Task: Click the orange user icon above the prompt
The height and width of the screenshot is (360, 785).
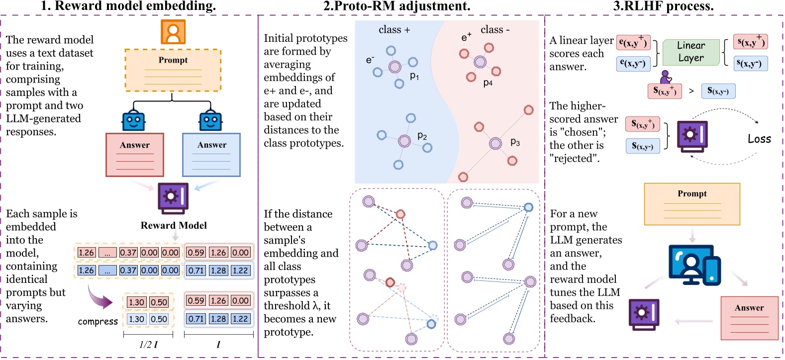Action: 173,32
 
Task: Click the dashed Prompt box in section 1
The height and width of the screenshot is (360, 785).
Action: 173,70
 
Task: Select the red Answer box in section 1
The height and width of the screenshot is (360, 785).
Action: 135,155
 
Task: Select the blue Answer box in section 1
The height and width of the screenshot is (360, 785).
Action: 211,155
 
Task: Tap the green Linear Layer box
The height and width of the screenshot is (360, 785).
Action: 691,52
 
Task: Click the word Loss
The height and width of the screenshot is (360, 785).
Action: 759,139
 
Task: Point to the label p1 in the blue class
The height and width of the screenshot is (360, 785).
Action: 414,76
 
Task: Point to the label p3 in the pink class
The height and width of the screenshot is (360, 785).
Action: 515,143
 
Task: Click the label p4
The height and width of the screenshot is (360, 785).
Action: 488,83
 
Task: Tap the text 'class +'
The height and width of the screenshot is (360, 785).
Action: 394,30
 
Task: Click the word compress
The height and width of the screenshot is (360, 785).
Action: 98,322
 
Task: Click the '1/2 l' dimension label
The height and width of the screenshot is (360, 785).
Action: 148,345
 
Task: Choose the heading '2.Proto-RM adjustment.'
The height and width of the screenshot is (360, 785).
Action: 396,6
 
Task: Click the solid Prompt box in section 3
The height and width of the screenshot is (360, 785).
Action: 692,204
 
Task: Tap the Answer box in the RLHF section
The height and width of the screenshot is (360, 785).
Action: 749,318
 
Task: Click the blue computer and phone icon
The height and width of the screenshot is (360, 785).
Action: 694,265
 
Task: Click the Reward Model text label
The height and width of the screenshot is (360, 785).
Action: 174,225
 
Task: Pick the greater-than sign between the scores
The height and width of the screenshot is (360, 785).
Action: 691,91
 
